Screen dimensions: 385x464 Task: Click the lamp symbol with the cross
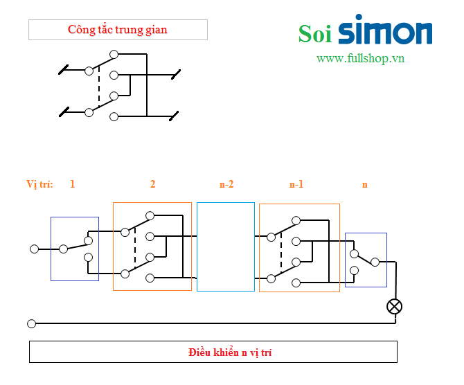pyautogui.click(x=394, y=306)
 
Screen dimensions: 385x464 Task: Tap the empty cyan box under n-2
pyautogui.click(x=225, y=247)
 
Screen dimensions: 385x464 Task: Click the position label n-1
pyautogui.click(x=296, y=184)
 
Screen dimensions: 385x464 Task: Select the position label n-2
pyautogui.click(x=226, y=184)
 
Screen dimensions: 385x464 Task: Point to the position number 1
pyautogui.click(x=72, y=184)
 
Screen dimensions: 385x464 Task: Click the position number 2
pyautogui.click(x=153, y=184)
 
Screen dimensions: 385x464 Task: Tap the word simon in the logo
pyautogui.click(x=385, y=31)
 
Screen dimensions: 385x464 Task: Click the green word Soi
pyautogui.click(x=315, y=33)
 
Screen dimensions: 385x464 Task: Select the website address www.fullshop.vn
pyautogui.click(x=360, y=58)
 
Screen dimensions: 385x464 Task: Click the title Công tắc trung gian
pyautogui.click(x=118, y=30)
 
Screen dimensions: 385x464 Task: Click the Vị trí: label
pyautogui.click(x=40, y=184)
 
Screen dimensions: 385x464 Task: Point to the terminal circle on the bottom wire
pyautogui.click(x=31, y=323)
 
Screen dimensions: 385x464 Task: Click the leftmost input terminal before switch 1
pyautogui.click(x=34, y=249)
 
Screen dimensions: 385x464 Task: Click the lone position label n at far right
pyautogui.click(x=365, y=184)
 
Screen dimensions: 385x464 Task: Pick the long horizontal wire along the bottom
pyautogui.click(x=208, y=323)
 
